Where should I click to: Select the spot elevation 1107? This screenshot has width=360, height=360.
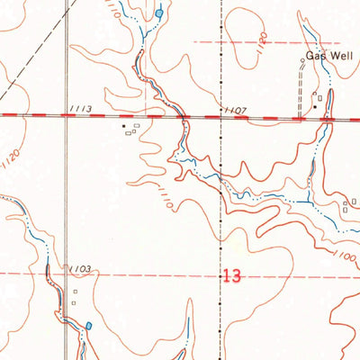[237, 109]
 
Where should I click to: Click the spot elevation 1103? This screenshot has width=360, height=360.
[79, 268]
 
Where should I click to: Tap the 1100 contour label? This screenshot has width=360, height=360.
[341, 256]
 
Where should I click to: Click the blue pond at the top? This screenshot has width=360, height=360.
[159, 13]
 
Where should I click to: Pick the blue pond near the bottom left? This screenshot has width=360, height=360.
[88, 326]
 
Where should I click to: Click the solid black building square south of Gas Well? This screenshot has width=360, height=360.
[314, 107]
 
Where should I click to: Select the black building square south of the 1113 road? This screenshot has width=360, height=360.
[125, 127]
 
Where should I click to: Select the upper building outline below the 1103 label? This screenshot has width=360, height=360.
[75, 291]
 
